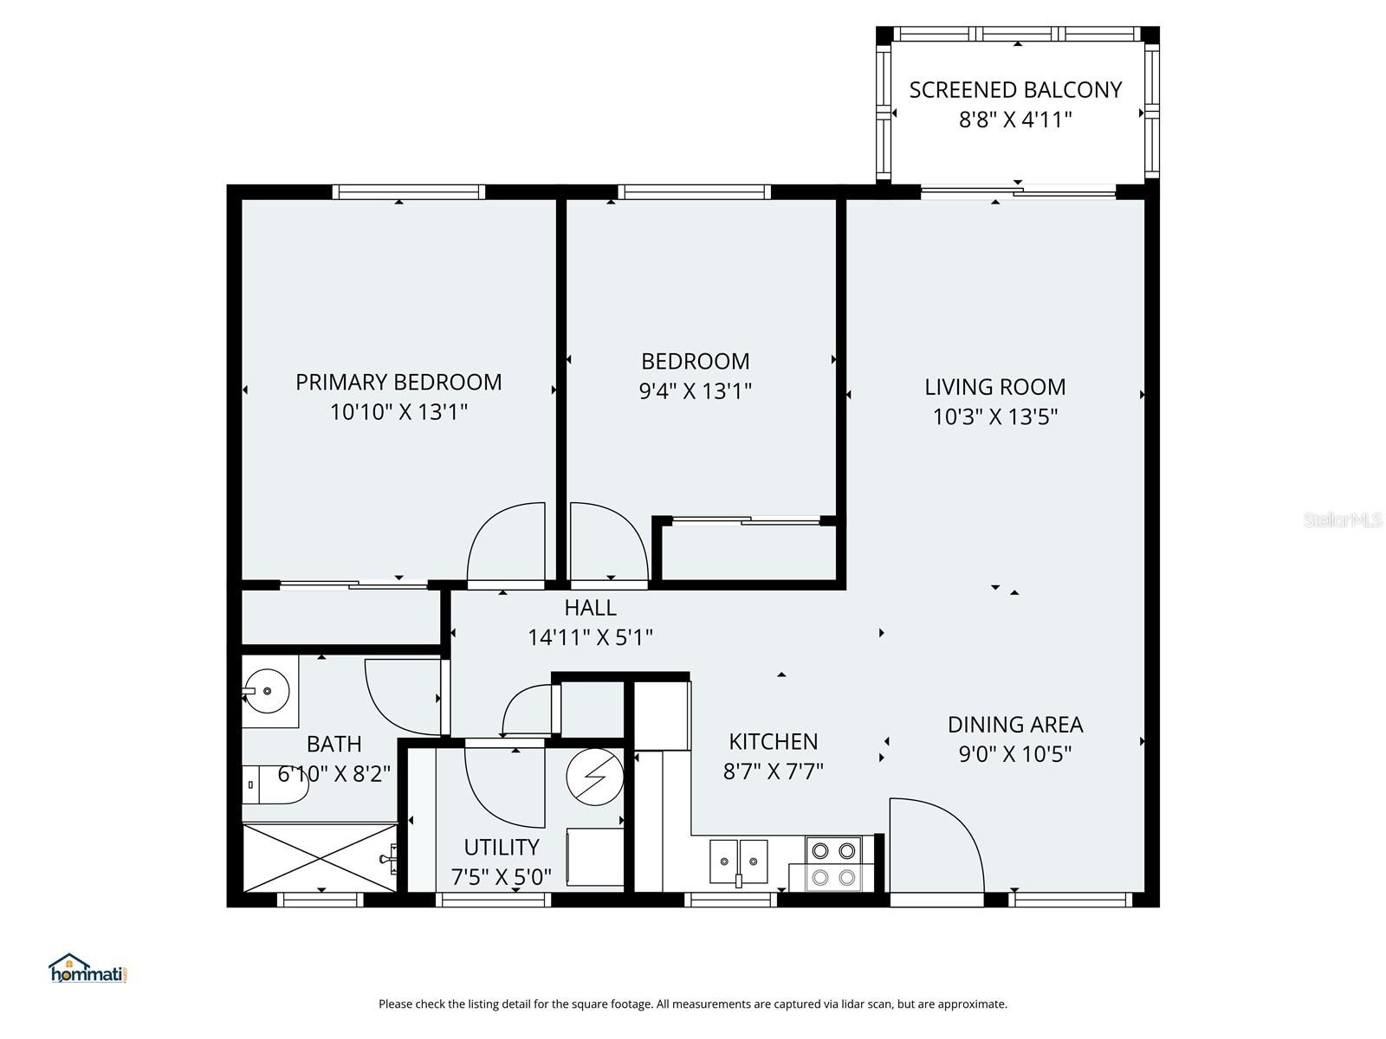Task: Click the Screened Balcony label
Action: coord(1015,90)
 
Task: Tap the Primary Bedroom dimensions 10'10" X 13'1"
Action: coord(398,412)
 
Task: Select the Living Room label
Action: coord(994,387)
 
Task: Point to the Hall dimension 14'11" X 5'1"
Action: coord(590,638)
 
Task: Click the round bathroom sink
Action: coord(268,691)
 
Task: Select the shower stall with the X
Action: coord(321,857)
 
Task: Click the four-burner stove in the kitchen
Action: coord(833,863)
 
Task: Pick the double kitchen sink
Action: coord(739,862)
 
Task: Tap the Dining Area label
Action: coord(1014,725)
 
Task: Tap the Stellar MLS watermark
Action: coord(1343,520)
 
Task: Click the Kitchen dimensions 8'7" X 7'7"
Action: coord(773,771)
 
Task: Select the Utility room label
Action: coord(502,847)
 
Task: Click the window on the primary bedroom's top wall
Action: coord(407,192)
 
